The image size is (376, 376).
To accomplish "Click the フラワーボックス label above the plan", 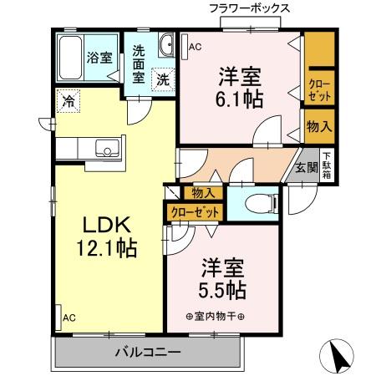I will [250, 8].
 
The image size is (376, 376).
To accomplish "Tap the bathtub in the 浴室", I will [70, 56].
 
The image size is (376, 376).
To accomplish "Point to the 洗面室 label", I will [140, 63].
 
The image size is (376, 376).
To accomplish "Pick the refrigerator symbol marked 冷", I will [67, 103].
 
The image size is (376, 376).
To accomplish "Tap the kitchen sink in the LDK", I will [106, 150].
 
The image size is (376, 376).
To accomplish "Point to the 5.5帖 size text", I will [221, 291].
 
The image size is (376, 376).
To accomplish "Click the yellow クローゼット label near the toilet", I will [196, 213].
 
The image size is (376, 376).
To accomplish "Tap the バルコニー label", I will [147, 352].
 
